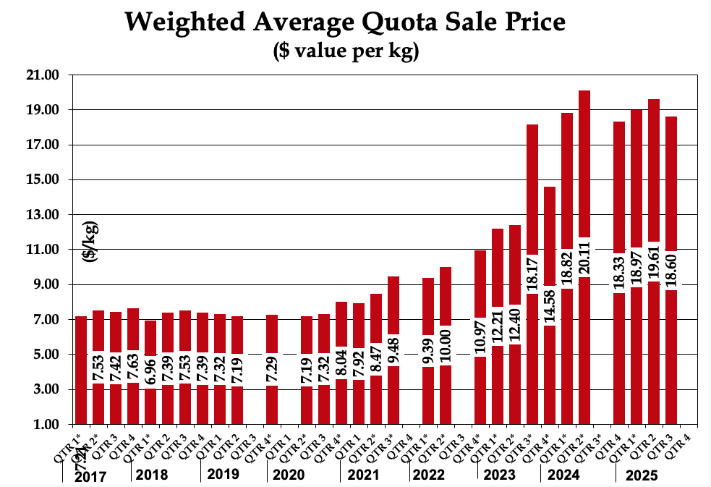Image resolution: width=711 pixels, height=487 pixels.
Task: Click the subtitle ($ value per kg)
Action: (x=346, y=52)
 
